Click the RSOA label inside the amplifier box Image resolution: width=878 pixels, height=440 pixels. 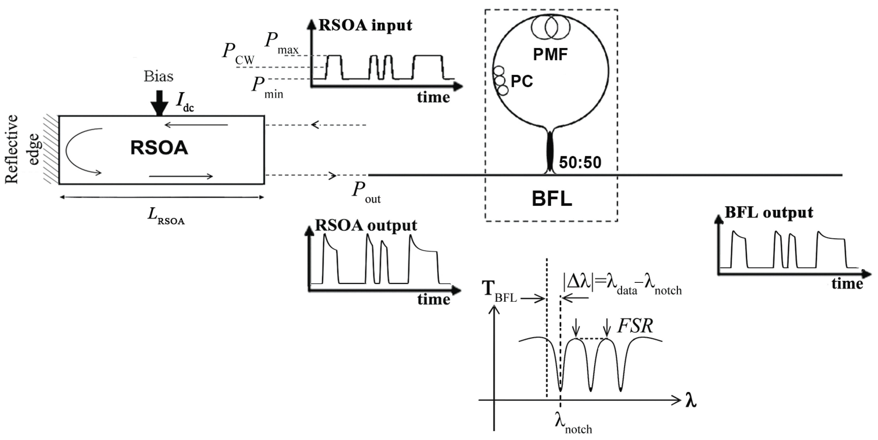(x=159, y=148)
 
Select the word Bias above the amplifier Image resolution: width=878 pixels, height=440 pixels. (x=159, y=76)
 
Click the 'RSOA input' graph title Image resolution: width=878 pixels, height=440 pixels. (x=365, y=25)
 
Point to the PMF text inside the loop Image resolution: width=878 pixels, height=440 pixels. (x=550, y=55)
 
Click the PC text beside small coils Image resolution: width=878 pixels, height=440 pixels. (x=521, y=81)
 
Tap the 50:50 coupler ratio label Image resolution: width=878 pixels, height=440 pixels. (x=580, y=163)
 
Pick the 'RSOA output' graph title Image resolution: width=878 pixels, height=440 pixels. (x=365, y=225)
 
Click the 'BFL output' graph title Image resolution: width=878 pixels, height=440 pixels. (x=769, y=213)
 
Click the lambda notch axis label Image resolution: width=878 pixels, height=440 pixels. (x=573, y=424)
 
